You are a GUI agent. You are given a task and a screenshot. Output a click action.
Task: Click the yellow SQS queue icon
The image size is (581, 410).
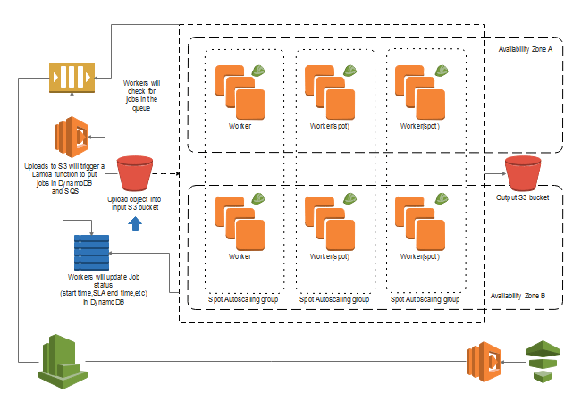tap(69, 77)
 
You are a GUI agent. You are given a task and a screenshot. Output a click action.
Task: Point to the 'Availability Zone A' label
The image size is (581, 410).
tap(525, 49)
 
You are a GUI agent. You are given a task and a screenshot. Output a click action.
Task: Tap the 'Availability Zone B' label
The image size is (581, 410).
tap(525, 296)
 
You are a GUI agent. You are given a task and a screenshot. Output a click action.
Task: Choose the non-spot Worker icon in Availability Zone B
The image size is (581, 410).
tap(240, 222)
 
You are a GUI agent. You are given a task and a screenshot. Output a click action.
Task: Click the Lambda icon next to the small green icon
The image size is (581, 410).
tap(483, 364)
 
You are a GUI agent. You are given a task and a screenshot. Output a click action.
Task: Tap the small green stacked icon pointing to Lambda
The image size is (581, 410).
tap(543, 361)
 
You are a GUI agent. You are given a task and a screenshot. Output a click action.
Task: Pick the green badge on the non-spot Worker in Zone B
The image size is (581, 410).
tap(257, 199)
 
